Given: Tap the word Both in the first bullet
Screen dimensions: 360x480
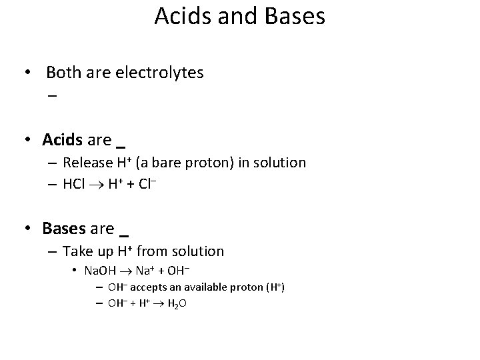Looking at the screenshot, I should tap(62, 73).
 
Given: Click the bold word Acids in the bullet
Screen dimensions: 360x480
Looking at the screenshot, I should tap(62, 139).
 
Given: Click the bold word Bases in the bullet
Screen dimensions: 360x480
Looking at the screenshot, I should tap(63, 228).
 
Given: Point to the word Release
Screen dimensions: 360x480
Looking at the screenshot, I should tap(87, 162).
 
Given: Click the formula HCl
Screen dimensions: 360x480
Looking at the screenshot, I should tap(74, 183).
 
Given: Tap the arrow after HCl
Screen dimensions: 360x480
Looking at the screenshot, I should tap(97, 184).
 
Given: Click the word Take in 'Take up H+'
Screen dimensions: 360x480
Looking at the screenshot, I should tap(77, 251).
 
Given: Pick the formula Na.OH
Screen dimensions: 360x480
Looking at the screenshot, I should tap(100, 271).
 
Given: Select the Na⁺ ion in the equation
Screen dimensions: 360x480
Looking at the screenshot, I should tap(147, 271).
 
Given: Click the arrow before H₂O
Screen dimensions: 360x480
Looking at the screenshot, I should tap(160, 303).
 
